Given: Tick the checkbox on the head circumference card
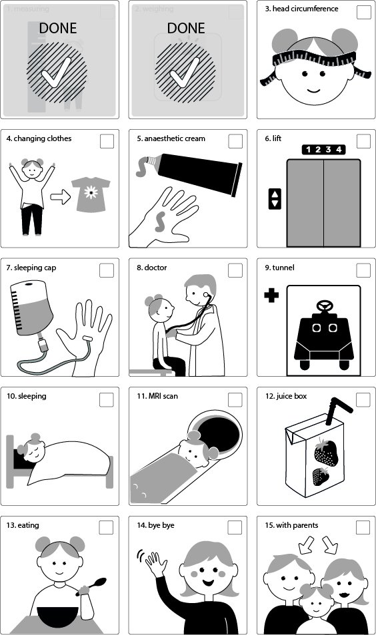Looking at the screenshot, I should click(363, 12).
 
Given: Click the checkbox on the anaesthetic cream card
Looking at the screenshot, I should click(235, 141).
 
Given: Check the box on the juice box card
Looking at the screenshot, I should click(363, 399).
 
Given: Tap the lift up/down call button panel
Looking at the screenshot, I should click(275, 198).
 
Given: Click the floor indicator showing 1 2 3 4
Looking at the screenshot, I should click(321, 150).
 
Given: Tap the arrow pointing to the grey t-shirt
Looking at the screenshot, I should click(60, 198).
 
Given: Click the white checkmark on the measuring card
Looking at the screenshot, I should click(57, 75).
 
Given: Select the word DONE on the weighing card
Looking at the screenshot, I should click(186, 28).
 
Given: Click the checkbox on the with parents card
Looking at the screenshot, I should click(363, 528).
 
